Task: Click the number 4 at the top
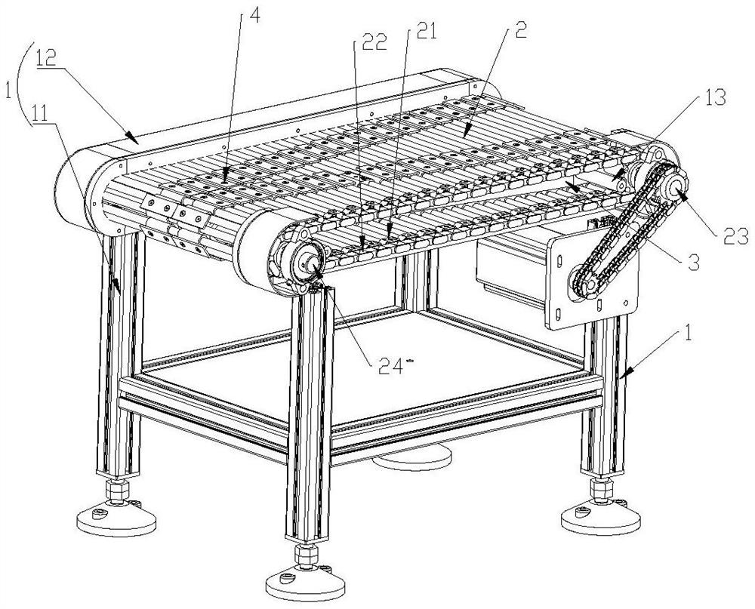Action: (254, 15)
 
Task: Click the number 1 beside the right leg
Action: (689, 333)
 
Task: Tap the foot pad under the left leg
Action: (116, 520)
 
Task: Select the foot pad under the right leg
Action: (601, 518)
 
